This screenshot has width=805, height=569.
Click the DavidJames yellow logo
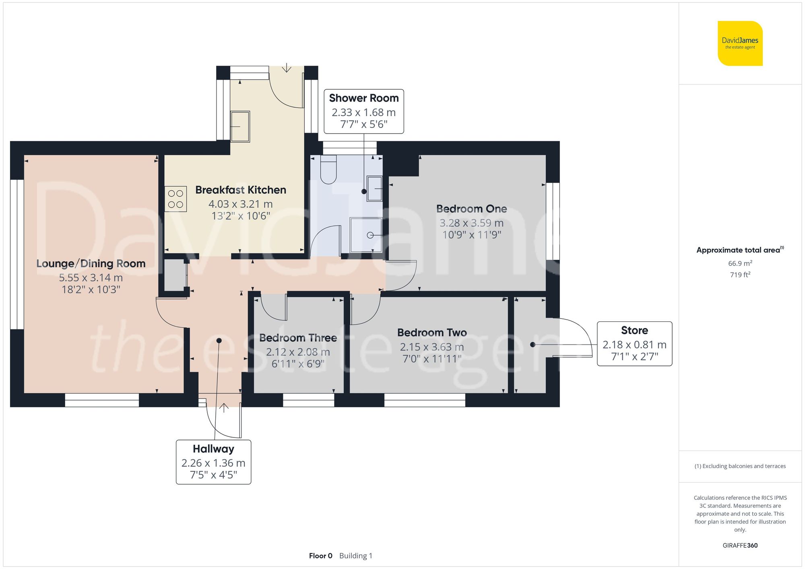(x=740, y=43)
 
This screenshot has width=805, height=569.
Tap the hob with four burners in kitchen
(x=175, y=199)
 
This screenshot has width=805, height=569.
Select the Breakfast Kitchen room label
(x=241, y=190)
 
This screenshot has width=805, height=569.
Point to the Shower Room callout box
(x=363, y=111)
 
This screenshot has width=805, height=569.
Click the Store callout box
(x=634, y=343)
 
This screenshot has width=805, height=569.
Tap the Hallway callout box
(x=213, y=462)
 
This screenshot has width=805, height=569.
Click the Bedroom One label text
(x=471, y=209)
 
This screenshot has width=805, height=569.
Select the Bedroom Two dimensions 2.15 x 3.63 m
(x=431, y=347)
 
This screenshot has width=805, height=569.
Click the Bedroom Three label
(x=298, y=338)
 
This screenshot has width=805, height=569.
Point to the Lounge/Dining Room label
(x=91, y=263)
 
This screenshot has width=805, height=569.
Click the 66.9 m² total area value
(x=740, y=263)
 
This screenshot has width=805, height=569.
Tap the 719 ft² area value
(x=740, y=275)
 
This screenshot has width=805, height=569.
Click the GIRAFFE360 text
(x=740, y=545)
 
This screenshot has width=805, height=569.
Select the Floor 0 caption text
(x=320, y=556)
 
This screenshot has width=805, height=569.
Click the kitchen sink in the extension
(x=240, y=126)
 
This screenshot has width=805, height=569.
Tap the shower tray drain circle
(x=370, y=235)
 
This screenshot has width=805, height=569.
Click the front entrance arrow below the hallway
(x=224, y=408)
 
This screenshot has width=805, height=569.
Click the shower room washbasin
(x=374, y=188)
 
